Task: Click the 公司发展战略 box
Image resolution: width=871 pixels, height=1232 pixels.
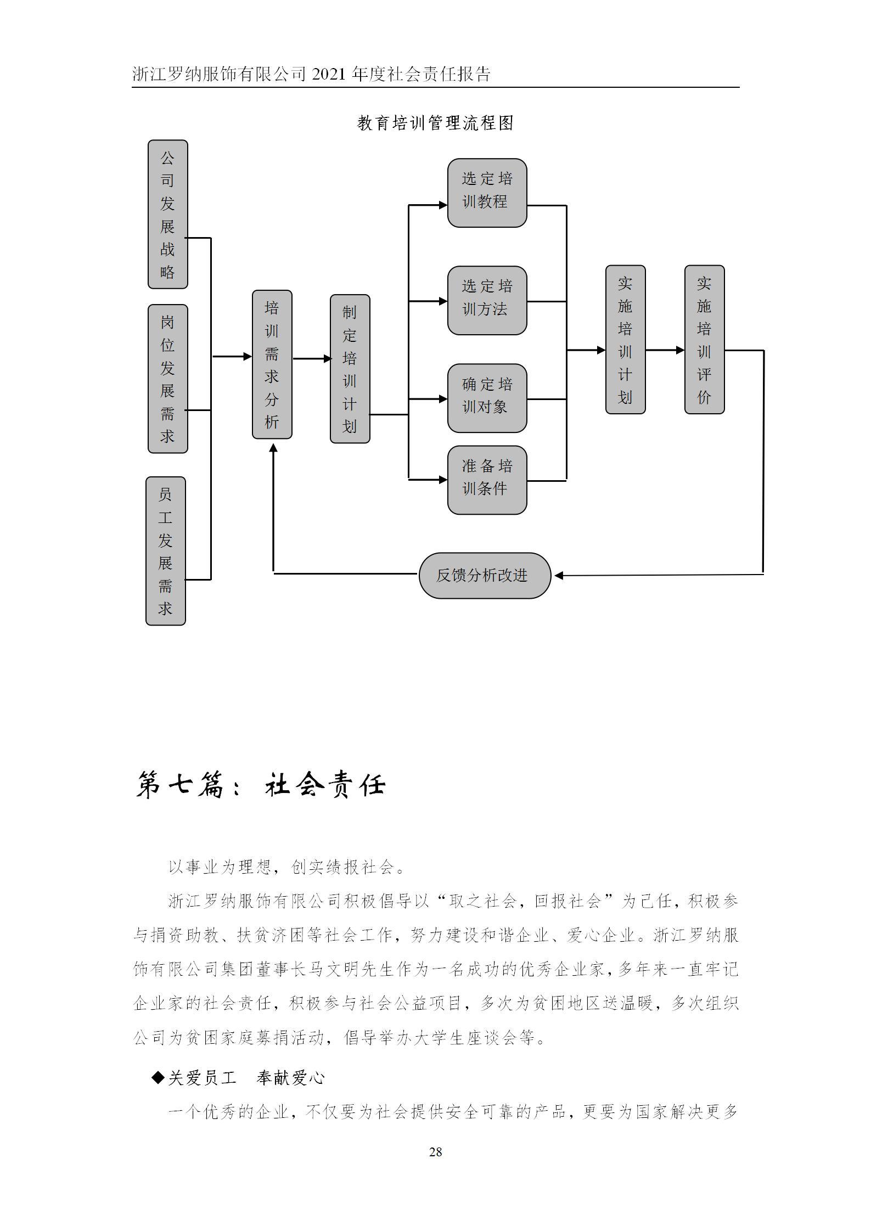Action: [168, 214]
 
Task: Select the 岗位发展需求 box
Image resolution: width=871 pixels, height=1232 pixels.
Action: [168, 379]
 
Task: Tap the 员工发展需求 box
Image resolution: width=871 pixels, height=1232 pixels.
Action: [166, 550]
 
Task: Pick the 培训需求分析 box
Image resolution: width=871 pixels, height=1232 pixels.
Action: [272, 364]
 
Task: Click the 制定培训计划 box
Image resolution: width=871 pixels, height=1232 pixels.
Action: [350, 369]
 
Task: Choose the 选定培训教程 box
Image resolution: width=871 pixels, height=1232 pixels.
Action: [487, 193]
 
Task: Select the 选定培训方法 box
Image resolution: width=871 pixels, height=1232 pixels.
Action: [487, 300]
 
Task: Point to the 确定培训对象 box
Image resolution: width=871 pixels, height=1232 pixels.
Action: [487, 398]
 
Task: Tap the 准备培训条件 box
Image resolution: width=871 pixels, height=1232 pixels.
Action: [487, 480]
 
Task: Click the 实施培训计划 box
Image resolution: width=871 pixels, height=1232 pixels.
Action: [626, 339]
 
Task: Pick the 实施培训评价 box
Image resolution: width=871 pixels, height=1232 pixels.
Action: [705, 339]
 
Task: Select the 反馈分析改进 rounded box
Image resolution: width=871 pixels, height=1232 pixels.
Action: [485, 575]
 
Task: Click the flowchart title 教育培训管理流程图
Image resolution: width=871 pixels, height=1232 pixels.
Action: [435, 123]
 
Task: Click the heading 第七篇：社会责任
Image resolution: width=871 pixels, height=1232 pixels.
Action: [261, 785]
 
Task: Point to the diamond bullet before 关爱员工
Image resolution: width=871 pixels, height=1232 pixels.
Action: [158, 1078]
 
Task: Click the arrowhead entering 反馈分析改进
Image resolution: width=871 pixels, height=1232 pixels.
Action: [559, 575]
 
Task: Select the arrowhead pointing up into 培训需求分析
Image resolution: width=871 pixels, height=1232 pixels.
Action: [273, 449]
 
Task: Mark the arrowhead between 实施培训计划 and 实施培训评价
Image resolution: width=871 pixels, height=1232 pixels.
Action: [681, 350]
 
